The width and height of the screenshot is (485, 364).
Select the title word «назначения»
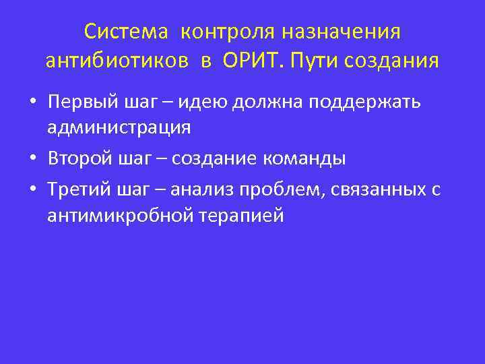(x=342, y=31)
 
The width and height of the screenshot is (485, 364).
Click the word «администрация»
(x=119, y=127)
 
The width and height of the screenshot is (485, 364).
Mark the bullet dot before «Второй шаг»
(x=32, y=159)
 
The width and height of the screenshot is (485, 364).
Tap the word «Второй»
(x=79, y=159)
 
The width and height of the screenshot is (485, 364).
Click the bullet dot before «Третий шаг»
(x=32, y=191)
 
